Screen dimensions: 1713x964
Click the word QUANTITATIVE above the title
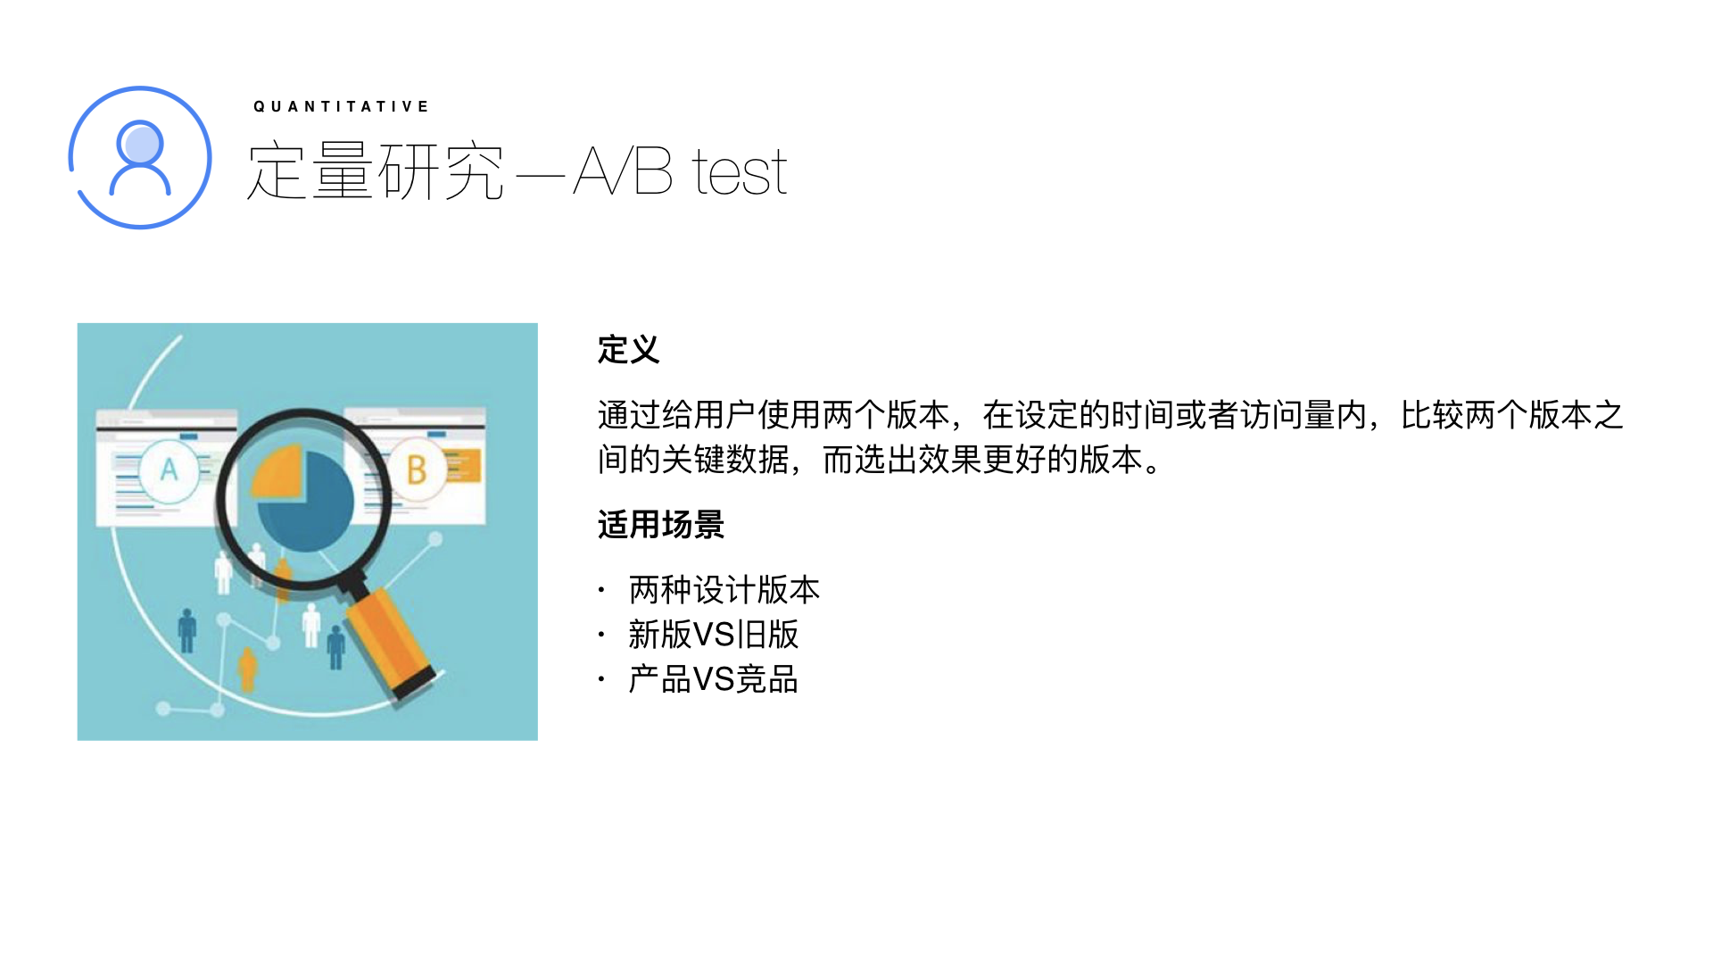[342, 106]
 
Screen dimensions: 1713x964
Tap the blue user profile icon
[140, 157]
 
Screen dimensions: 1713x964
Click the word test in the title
[741, 171]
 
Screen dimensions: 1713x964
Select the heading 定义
[629, 350]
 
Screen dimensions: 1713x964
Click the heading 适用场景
[661, 525]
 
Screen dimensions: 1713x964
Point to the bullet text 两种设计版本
[724, 590]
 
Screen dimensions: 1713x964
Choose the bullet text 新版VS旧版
[714, 635]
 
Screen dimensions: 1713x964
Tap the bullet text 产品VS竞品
[714, 679]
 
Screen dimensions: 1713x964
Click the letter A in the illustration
[169, 470]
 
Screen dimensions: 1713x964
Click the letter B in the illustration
[417, 470]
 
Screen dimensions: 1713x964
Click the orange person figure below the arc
[247, 669]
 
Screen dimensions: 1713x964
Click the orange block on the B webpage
[463, 465]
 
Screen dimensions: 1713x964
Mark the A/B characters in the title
[623, 171]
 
